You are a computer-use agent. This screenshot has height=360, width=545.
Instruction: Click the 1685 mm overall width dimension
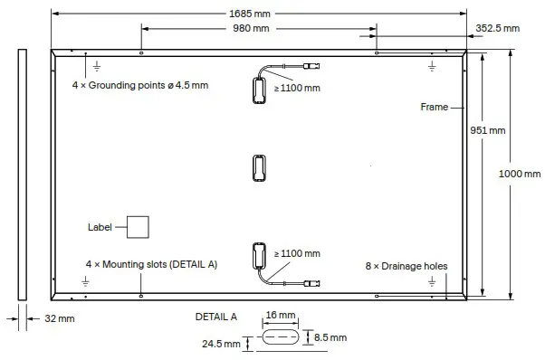click(258, 14)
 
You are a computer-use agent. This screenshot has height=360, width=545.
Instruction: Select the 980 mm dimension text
click(251, 29)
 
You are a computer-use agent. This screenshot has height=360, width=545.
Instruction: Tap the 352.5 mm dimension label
click(497, 29)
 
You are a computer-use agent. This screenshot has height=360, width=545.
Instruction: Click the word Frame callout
click(435, 107)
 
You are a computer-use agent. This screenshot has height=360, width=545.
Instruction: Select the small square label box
click(137, 226)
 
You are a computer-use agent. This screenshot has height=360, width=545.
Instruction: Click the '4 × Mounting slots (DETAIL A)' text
click(151, 264)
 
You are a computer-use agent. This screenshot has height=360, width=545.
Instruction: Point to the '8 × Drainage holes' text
click(406, 266)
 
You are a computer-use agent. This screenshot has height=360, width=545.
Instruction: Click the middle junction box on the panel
click(257, 168)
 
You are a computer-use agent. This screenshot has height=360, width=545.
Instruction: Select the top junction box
click(257, 88)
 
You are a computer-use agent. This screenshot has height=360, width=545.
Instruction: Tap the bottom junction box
click(257, 257)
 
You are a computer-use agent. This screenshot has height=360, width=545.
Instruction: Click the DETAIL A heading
click(215, 317)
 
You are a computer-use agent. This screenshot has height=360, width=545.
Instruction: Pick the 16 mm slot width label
click(282, 315)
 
